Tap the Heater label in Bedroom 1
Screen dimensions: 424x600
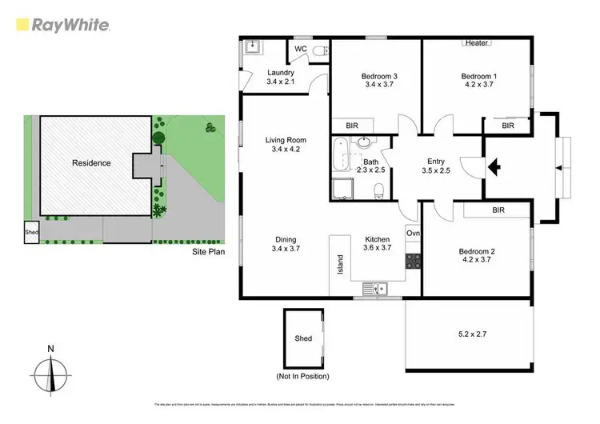point(476,42)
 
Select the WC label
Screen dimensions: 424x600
point(302,50)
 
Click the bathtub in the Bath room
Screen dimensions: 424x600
point(342,154)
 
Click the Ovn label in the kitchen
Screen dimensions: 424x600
point(413,233)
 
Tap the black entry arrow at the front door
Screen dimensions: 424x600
point(494,166)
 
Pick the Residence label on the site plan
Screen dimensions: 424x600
point(91,163)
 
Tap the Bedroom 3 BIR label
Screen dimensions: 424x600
point(352,126)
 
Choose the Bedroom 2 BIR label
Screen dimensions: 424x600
point(498,210)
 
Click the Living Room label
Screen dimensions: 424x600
point(286,144)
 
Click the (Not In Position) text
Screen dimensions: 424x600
point(303,376)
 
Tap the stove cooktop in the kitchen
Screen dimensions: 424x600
point(414,260)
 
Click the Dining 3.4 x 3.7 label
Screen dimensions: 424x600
point(286,244)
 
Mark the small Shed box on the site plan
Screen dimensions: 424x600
point(30,234)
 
